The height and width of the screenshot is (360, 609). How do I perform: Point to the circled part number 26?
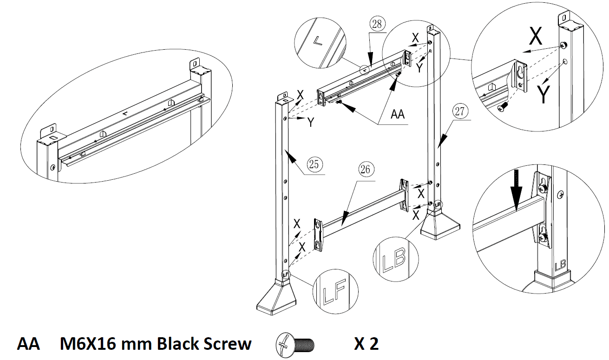pyautogui.click(x=366, y=170)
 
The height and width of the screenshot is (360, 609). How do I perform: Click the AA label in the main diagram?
pyautogui.click(x=397, y=114)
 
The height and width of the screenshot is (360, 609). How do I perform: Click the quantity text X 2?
pyautogui.click(x=366, y=344)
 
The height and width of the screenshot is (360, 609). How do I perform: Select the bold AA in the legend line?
pyautogui.click(x=28, y=344)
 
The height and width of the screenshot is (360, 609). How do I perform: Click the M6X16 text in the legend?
pyautogui.click(x=89, y=344)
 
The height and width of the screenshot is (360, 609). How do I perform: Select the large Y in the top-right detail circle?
pyautogui.click(x=544, y=95)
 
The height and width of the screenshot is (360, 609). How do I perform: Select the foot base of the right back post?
pyautogui.click(x=440, y=227)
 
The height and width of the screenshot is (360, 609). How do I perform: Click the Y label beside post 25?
pyautogui.click(x=311, y=122)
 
